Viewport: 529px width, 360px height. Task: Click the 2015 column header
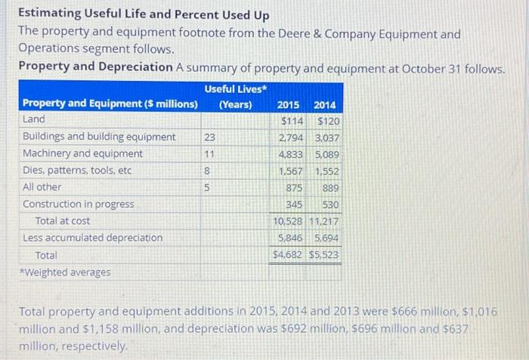click(x=288, y=105)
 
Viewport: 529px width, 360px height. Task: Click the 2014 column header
click(x=326, y=105)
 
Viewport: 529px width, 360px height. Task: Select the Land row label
click(x=34, y=119)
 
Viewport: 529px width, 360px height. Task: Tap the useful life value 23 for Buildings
click(x=209, y=137)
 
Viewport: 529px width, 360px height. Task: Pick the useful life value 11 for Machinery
click(x=209, y=154)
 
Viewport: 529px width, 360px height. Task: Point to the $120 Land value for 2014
click(x=328, y=121)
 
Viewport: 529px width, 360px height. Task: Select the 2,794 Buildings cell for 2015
click(x=291, y=138)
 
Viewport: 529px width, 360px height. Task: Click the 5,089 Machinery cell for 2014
click(x=326, y=154)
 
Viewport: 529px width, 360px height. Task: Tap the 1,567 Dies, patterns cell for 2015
click(x=291, y=171)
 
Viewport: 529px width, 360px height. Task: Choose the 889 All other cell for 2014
click(x=330, y=188)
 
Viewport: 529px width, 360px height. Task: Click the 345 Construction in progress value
click(x=294, y=204)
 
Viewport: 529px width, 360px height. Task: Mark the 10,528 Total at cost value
click(x=289, y=221)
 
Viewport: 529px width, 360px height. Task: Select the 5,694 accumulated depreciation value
click(x=326, y=237)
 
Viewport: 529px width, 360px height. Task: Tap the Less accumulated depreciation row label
click(x=92, y=237)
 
